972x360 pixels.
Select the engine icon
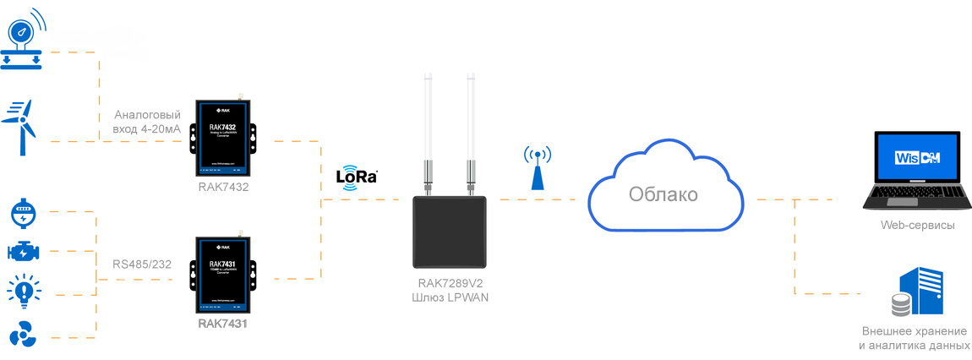(23, 252)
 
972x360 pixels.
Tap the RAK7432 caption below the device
(224, 186)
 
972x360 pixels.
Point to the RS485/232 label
(142, 265)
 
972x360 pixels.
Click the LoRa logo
(357, 177)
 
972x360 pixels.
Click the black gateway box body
(449, 232)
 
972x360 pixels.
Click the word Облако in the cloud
(663, 194)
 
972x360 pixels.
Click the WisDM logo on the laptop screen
(918, 160)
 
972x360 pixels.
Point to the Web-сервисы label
(917, 226)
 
